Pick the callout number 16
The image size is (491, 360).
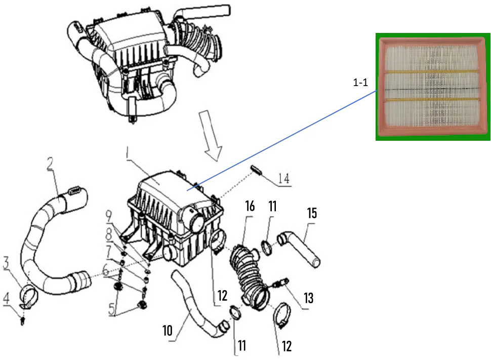pos(249,206)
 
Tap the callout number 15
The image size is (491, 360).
pos(312,213)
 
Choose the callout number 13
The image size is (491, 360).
pos(308,298)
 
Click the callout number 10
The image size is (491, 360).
pos(168,331)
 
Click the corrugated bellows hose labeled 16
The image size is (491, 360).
pos(245,273)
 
